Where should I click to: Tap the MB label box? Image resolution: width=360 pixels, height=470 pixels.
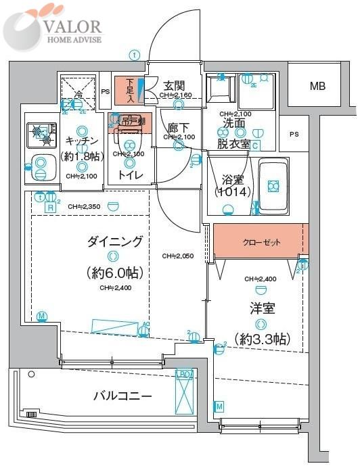317,86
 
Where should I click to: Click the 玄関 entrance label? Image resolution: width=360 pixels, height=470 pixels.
175,86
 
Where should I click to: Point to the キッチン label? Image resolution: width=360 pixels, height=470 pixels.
83,140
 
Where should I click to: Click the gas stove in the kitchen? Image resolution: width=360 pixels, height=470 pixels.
41,136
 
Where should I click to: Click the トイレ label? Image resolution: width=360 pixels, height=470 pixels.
129,174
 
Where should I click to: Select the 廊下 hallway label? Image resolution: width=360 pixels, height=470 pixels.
178,126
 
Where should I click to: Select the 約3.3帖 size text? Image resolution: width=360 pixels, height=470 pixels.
260,337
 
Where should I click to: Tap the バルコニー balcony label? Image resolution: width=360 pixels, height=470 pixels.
122,396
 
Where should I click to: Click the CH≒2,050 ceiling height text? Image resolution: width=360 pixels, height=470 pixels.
178,256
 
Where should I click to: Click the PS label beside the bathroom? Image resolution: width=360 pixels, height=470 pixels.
293,134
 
